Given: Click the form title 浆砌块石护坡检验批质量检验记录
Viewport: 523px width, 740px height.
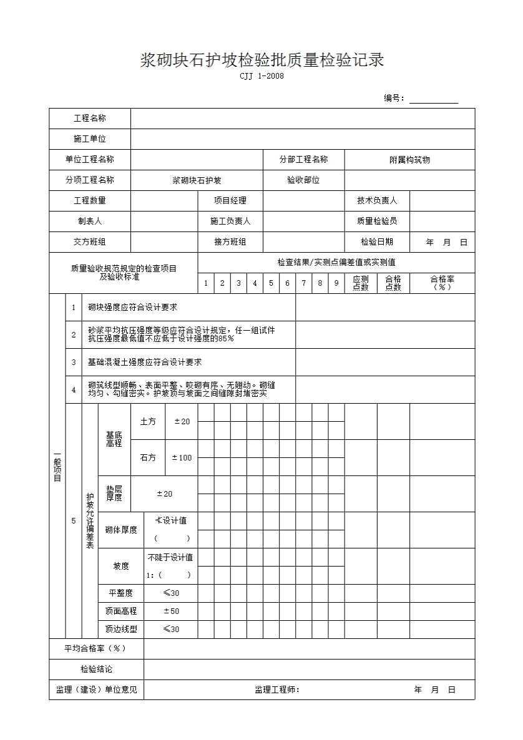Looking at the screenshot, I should (261, 61).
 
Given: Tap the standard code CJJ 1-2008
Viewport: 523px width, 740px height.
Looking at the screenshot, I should (261, 77).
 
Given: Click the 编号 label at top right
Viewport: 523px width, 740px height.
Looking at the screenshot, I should (394, 98).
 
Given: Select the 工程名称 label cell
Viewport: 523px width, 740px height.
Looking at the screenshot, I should (90, 119).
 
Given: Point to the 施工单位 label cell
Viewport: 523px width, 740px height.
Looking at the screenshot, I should (90, 139).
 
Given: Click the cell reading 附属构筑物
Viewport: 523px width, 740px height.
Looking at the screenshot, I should (409, 160).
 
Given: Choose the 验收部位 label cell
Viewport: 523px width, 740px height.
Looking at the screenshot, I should (303, 180).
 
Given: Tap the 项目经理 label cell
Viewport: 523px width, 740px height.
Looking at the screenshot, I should (230, 200).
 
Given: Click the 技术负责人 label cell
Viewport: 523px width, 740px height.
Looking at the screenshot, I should (377, 200).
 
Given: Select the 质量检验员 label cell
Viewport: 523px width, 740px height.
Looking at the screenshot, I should (377, 221).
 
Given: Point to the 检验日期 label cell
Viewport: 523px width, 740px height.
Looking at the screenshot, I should (377, 242).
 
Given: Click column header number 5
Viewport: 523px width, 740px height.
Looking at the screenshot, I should (271, 283).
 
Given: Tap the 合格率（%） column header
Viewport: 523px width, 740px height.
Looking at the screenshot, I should (442, 283).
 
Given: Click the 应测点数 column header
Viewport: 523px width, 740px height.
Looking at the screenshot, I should (361, 283).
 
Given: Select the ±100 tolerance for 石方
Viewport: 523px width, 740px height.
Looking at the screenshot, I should (182, 458).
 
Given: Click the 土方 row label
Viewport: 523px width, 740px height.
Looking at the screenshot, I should (148, 422).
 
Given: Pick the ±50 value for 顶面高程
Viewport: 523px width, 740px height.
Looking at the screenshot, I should (171, 611).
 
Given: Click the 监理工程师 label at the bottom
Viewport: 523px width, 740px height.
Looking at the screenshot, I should (277, 689).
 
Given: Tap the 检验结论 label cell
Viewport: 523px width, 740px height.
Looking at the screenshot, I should (97, 669).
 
